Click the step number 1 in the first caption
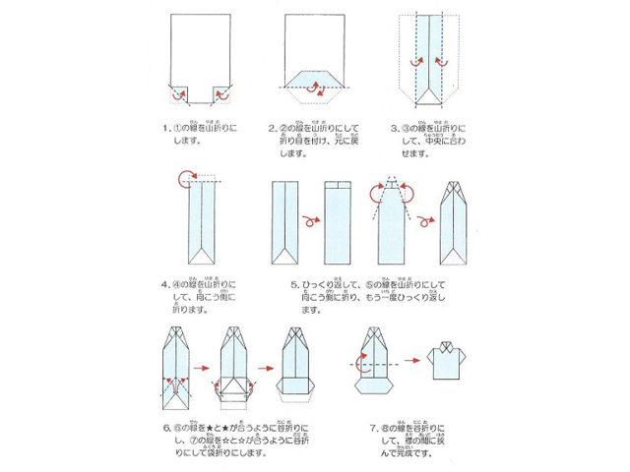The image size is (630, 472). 162,128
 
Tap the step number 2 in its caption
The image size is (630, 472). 271,128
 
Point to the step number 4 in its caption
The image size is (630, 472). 163,286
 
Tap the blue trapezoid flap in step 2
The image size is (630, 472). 315,81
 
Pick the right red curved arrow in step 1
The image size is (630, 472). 223,95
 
